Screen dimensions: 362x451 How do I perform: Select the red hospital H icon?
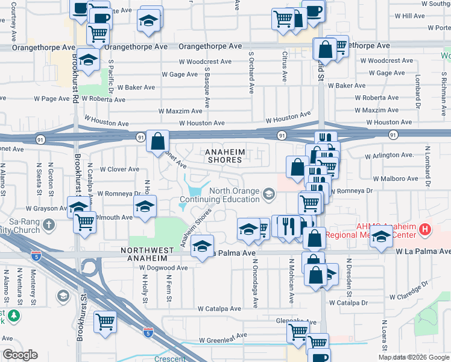(426, 229)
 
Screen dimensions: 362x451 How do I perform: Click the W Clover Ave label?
(119, 169)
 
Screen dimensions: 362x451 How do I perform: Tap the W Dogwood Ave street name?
(163, 267)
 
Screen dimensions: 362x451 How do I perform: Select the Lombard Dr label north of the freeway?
(417, 91)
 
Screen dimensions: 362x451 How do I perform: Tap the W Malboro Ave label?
(395, 179)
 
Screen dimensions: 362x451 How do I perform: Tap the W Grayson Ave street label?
(27, 209)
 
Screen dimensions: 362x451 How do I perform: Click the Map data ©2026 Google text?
(414, 357)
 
